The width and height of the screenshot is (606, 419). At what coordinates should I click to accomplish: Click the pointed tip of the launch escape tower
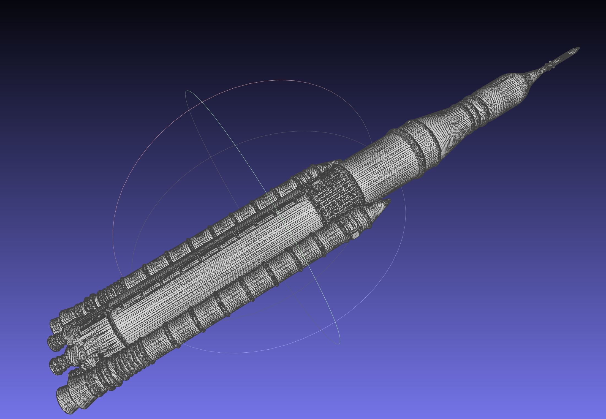(579, 48)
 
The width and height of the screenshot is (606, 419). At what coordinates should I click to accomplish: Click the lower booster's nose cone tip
(389, 201)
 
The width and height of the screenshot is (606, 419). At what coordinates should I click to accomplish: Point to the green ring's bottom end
(339, 343)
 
